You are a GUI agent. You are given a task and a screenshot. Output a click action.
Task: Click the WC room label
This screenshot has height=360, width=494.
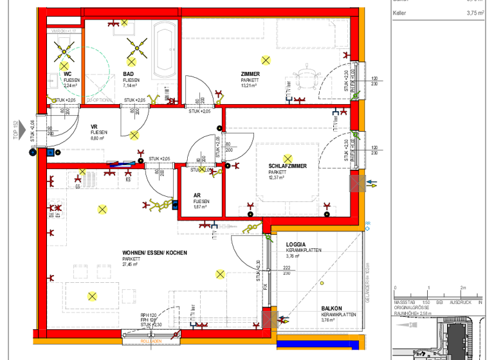[68, 75]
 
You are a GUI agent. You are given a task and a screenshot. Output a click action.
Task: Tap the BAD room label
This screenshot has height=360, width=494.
[129, 75]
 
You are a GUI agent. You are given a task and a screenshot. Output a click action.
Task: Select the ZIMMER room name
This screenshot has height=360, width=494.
[250, 75]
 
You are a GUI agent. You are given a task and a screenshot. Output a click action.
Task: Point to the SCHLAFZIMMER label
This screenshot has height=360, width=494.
[288, 166]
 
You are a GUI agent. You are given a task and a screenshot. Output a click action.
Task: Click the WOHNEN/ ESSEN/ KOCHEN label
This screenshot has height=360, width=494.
[154, 253]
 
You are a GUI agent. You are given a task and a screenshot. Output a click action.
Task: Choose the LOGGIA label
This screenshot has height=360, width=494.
[295, 244]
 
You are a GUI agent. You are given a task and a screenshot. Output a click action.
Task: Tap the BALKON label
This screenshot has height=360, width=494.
[331, 309]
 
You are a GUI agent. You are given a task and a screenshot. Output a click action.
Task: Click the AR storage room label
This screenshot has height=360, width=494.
[197, 196]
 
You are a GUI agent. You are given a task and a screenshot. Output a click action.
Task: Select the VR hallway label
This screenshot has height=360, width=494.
[94, 127]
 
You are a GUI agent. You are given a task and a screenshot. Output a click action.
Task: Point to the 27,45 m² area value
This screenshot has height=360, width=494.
[131, 264]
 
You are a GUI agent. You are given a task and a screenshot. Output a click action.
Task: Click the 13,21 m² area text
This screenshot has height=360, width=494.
[249, 85]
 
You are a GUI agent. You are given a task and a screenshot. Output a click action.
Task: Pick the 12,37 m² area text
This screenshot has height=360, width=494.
[277, 177]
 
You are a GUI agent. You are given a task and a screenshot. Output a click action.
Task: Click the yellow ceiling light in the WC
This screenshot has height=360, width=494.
[64, 65]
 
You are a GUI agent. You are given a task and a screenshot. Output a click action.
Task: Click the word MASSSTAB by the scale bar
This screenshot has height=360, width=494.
[404, 301]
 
